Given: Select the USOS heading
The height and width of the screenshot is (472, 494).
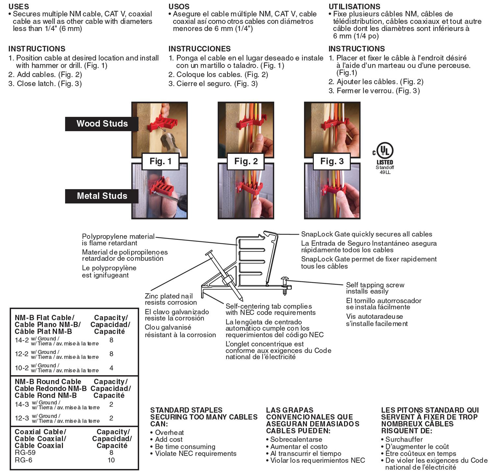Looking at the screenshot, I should (179, 6).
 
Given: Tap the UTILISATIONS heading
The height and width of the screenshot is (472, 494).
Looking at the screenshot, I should (354, 6).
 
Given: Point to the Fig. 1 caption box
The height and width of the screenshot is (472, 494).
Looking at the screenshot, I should (161, 161).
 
